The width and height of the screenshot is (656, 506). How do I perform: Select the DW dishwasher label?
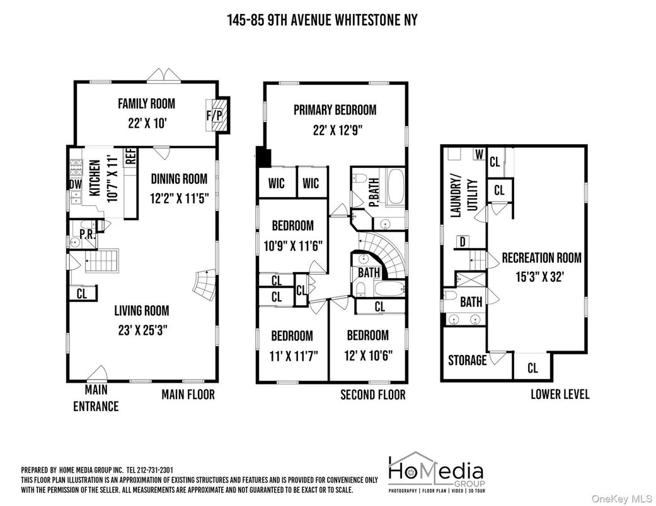(x=75, y=184)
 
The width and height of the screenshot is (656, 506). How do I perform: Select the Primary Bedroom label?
(x=335, y=110)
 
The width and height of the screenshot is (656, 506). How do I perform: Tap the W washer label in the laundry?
(x=478, y=155)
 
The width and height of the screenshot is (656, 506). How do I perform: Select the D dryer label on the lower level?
(x=462, y=242)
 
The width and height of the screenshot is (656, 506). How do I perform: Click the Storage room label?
(x=467, y=361)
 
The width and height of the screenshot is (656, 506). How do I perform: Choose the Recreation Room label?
(x=541, y=258)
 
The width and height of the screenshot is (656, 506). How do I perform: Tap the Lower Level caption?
(x=560, y=395)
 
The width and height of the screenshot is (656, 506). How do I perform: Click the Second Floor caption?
(x=372, y=395)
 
